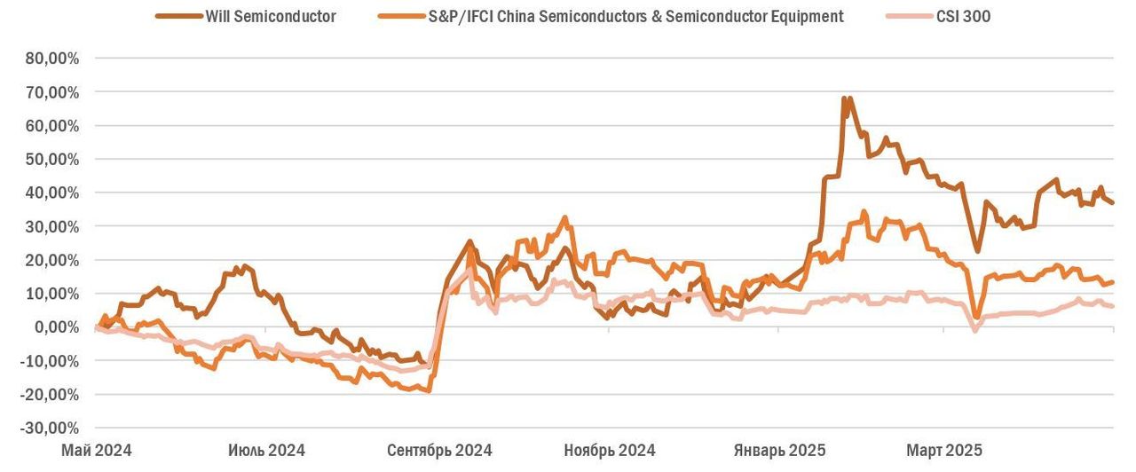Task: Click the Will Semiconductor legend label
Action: [x=270, y=16]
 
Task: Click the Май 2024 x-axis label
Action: [x=96, y=450]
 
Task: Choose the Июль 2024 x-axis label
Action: [x=266, y=450]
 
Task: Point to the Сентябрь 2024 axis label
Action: [x=439, y=450]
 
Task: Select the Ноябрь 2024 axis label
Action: [x=610, y=450]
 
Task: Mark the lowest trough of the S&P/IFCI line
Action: [x=430, y=390]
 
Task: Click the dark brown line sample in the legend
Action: [x=177, y=16]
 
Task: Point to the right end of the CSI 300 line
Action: [x=1113, y=307]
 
